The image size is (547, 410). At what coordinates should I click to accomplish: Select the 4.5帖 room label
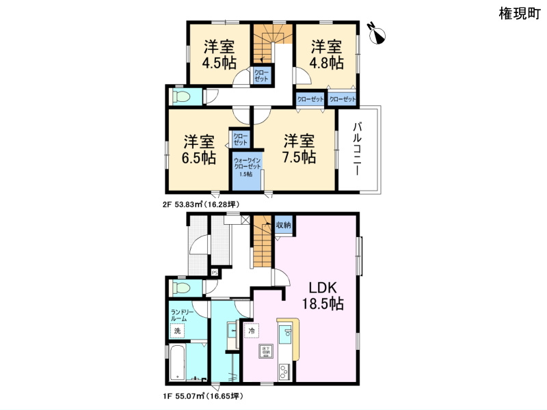[219, 55]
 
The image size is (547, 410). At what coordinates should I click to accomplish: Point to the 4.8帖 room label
[327, 55]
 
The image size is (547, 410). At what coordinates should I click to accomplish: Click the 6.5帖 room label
[199, 150]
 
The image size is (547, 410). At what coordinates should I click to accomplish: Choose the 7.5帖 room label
[299, 148]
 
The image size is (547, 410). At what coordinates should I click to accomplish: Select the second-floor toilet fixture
[181, 97]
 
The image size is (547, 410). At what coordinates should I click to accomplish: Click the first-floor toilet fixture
[181, 287]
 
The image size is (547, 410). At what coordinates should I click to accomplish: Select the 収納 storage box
[284, 225]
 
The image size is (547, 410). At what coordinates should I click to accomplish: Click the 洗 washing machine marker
[177, 331]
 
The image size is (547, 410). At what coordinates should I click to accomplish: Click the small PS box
[214, 272]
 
